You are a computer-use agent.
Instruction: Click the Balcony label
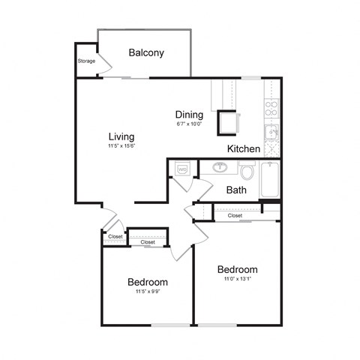[x=146, y=52]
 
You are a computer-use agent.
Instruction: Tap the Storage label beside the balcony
[x=86, y=61]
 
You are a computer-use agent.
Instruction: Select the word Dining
[x=190, y=115]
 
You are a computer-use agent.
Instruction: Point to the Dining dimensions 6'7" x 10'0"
[x=190, y=124]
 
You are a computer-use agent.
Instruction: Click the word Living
[x=121, y=137]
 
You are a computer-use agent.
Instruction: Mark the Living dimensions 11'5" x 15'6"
[x=121, y=147]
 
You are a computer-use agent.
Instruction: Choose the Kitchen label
[x=244, y=149]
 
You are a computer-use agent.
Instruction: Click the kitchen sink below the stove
[x=272, y=133]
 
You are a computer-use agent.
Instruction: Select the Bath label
[x=236, y=190]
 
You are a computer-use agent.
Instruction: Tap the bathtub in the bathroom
[x=270, y=180]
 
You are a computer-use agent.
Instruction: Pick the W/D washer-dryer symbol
[x=182, y=169]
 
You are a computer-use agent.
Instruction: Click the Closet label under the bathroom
[x=235, y=215]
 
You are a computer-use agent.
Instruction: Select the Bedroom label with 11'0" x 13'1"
[x=238, y=269]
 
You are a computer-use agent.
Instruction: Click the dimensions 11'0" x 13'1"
[x=238, y=279]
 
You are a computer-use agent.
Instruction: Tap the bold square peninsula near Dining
[x=227, y=121]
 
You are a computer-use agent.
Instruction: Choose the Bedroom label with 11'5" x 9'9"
[x=147, y=282]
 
